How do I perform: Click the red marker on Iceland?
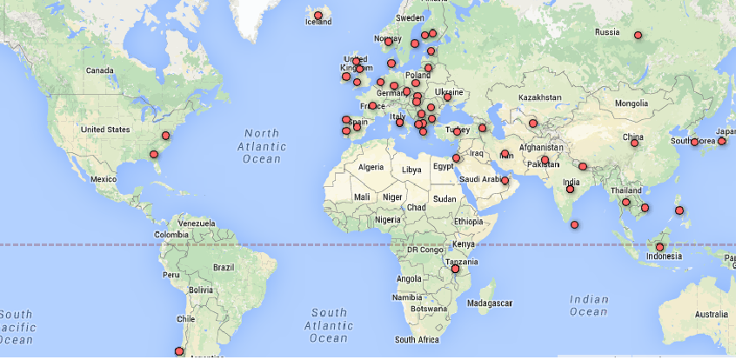pyautogui.click(x=318, y=16)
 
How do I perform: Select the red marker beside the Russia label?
pyautogui.click(x=638, y=36)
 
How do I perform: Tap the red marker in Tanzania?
pyautogui.click(x=455, y=270)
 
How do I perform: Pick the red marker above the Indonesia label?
pyautogui.click(x=660, y=247)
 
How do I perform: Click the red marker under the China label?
pyautogui.click(x=634, y=143)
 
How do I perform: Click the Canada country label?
pyautogui.click(x=100, y=70)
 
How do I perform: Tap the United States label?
pyautogui.click(x=104, y=130)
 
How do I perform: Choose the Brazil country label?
pyautogui.click(x=224, y=267)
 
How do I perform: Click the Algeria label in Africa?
pyautogui.click(x=371, y=167)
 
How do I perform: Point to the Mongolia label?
pyautogui.click(x=632, y=103)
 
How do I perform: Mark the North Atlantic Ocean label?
pyautogui.click(x=262, y=146)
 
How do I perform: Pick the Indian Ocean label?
pyautogui.click(x=589, y=305)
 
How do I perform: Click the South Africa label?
pyautogui.click(x=416, y=339)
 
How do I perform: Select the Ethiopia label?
pyautogui.click(x=467, y=222)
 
